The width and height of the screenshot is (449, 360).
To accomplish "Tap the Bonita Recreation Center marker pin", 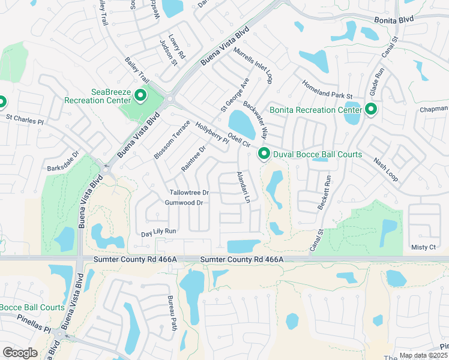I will tap(370, 109).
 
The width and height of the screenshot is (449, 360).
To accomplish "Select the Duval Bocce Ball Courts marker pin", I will tap(263, 154).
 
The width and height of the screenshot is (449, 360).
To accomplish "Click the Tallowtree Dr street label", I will tap(188, 193).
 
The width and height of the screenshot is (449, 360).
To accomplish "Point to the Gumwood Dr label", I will tap(184, 203).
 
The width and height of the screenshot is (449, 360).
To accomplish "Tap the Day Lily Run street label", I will tap(158, 232).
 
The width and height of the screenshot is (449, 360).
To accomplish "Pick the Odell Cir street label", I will tap(239, 140).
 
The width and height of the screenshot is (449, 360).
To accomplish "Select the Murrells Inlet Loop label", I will tap(253, 66).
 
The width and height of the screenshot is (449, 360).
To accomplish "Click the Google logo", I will tap(20, 352).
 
